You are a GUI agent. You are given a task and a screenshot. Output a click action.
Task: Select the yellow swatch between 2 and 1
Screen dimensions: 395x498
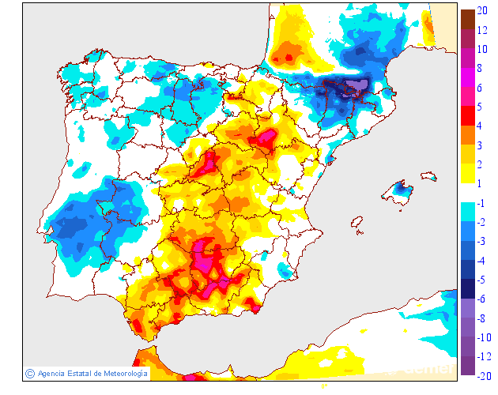tap(467, 173)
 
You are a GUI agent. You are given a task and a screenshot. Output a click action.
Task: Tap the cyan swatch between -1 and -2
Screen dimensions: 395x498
tap(467, 212)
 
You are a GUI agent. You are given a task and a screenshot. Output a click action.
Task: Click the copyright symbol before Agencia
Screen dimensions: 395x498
tap(30, 374)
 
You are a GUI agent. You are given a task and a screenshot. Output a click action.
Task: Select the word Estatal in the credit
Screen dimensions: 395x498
tap(79, 374)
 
